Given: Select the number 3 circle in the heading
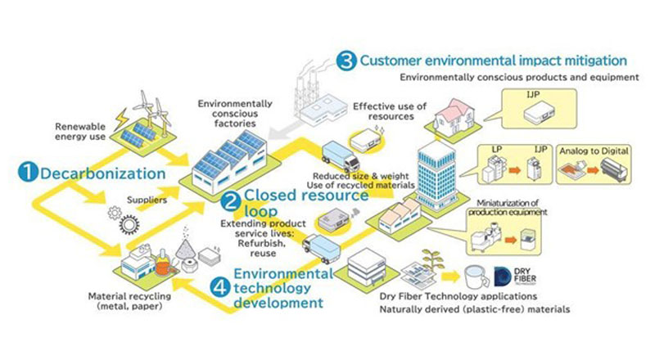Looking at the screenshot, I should coord(346,60).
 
